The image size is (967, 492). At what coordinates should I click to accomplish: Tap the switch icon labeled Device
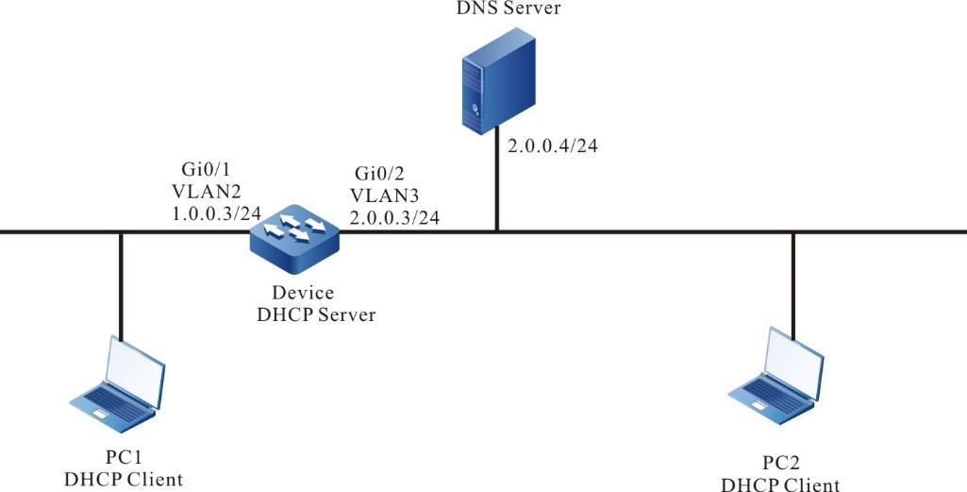(295, 230)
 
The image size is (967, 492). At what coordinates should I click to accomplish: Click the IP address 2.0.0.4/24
(548, 145)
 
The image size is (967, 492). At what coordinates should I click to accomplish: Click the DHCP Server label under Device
(316, 314)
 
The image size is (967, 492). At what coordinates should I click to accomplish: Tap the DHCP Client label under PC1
(124, 480)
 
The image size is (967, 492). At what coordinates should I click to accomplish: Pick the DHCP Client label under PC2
(780, 484)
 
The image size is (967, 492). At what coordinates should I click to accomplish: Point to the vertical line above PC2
(793, 284)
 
